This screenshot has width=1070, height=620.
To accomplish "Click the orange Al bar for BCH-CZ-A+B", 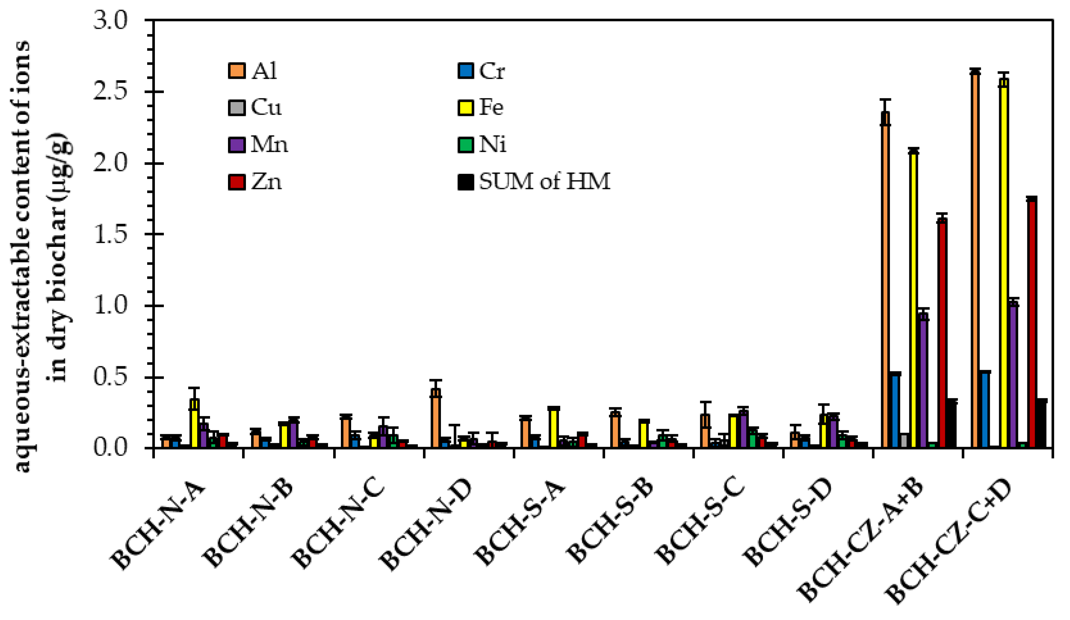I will (885, 280).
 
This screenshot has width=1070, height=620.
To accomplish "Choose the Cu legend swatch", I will (237, 107).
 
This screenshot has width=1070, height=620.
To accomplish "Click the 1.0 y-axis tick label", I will (110, 306).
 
